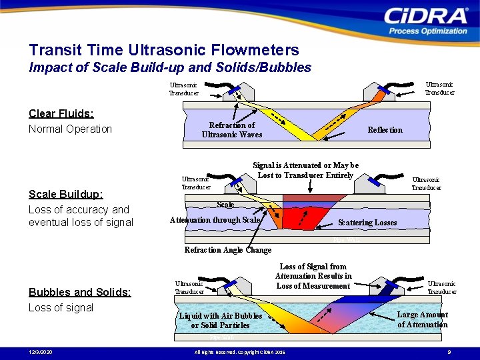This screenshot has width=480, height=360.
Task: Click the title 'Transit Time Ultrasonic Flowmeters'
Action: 164,50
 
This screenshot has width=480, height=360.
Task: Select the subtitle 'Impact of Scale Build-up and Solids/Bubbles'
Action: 170,67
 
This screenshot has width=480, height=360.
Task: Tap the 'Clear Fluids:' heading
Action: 61,113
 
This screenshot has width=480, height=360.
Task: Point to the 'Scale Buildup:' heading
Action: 65,194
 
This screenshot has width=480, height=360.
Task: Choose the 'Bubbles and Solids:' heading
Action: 80,292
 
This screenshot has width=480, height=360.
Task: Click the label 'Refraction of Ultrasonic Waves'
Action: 232,129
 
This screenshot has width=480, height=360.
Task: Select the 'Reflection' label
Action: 385,130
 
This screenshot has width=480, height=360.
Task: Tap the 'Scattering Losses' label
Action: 367,222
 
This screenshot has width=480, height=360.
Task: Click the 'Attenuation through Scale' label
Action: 215,219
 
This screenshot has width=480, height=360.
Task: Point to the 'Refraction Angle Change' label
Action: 227,250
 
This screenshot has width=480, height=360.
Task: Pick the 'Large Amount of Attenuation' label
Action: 423,319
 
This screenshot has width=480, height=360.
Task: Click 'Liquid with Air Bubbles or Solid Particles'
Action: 220,320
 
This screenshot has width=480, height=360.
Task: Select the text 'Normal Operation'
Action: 70,129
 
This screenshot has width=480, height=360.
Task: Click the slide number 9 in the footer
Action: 449,351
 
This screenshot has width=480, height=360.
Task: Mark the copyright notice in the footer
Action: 239,351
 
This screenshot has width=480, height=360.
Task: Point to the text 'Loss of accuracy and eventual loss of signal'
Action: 81,215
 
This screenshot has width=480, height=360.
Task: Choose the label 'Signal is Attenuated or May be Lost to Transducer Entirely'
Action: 305,170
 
